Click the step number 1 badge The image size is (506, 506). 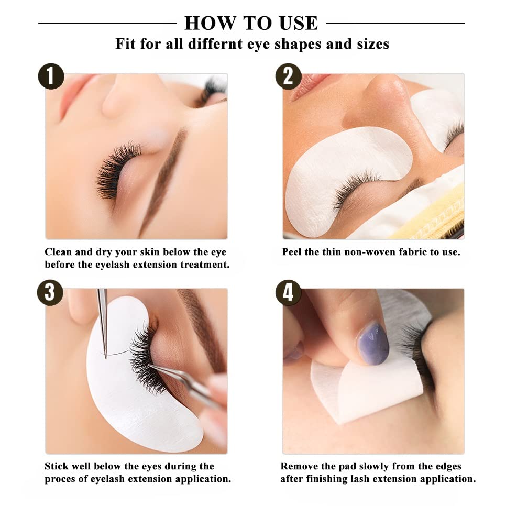51,76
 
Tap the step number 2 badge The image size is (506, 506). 288,76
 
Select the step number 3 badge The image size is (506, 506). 50,292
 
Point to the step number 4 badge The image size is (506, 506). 288,292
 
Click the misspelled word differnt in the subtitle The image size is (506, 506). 216,43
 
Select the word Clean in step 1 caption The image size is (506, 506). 58,252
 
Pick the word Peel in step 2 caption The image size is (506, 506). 292,252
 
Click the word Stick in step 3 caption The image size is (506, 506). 56,466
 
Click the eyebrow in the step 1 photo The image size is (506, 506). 164,181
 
